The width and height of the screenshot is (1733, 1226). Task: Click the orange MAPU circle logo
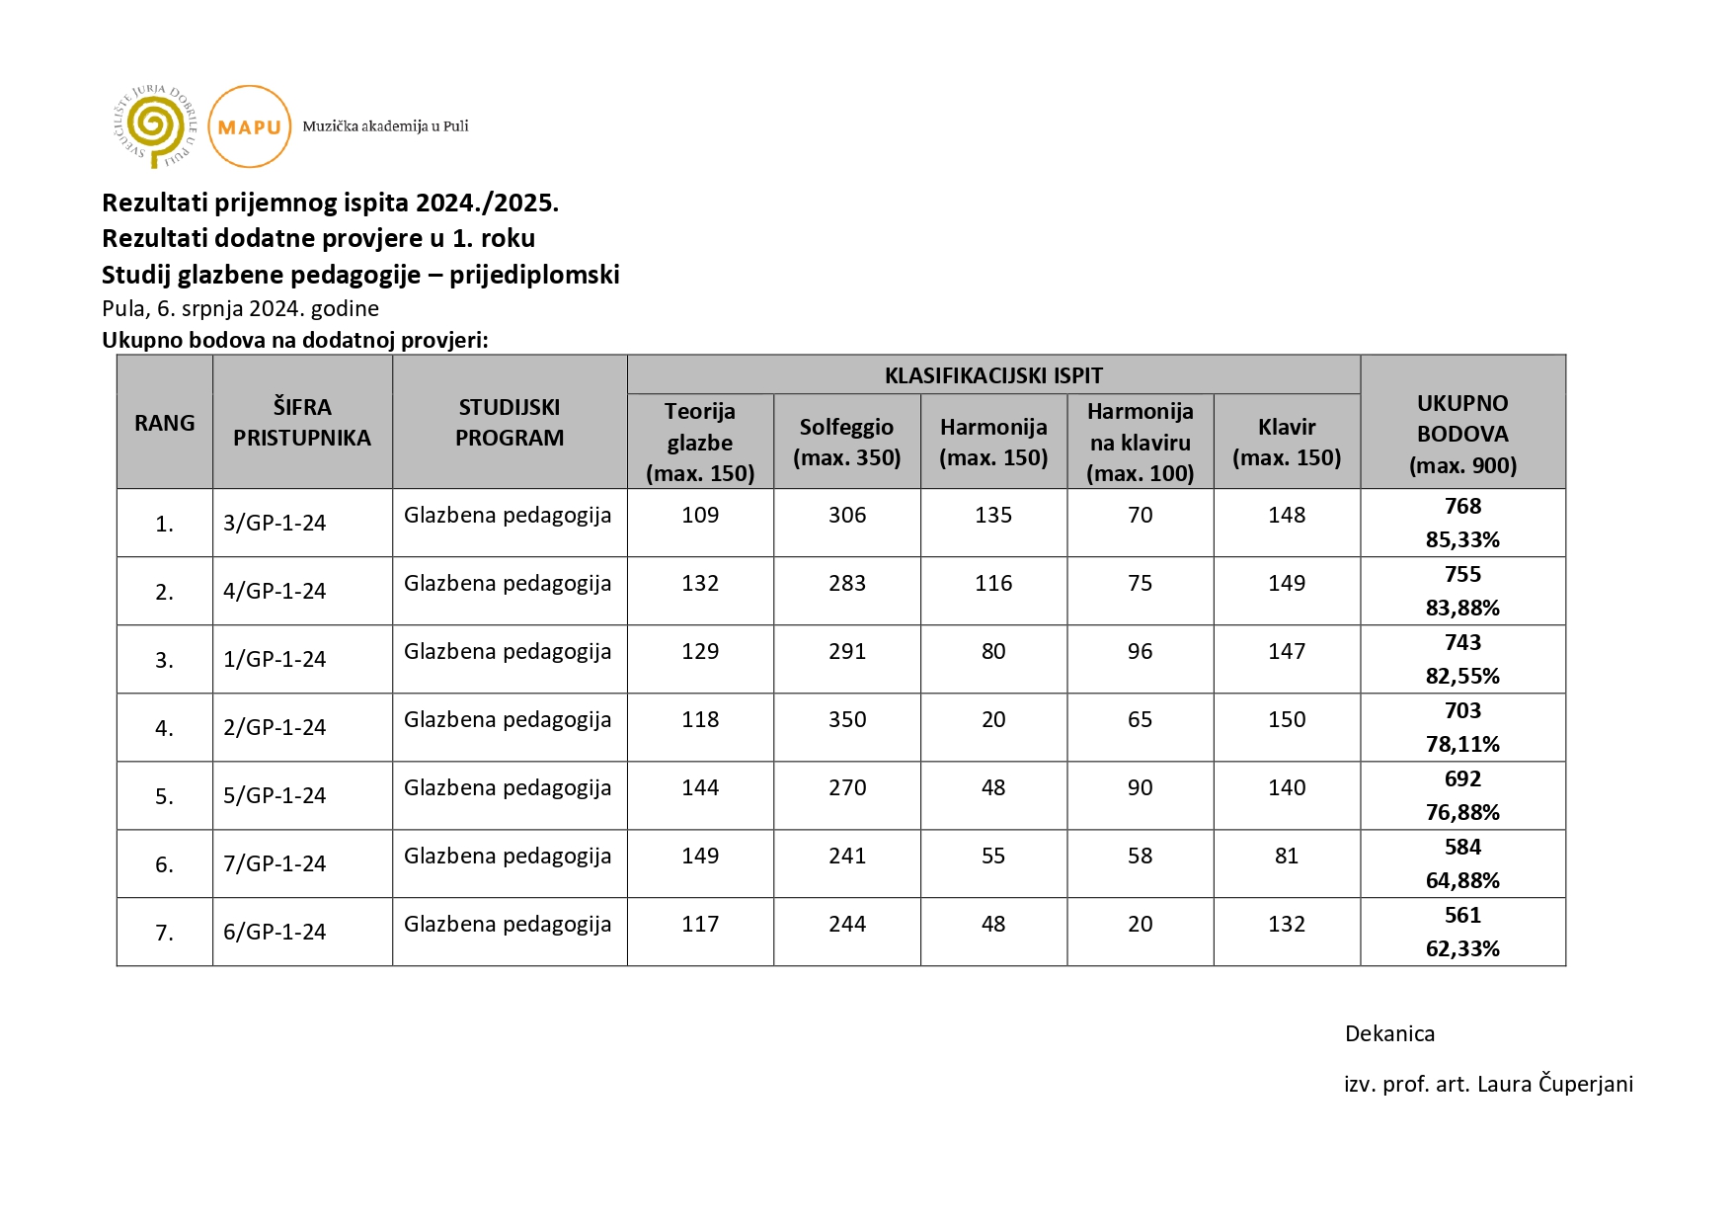[x=250, y=126]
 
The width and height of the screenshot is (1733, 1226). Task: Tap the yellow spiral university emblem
[x=154, y=126]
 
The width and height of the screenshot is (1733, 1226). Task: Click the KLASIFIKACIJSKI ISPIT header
[x=992, y=375]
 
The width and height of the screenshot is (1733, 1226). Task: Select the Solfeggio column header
[x=846, y=442]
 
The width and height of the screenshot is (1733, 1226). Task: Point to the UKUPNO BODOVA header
[x=1461, y=434]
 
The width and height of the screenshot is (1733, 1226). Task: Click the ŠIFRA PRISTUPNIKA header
[x=302, y=422]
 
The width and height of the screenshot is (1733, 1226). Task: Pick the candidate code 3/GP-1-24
[x=275, y=523]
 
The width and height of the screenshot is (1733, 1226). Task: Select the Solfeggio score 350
[x=846, y=719]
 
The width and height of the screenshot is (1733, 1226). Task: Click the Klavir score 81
[x=1286, y=856]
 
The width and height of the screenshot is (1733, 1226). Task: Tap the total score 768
[x=1461, y=506]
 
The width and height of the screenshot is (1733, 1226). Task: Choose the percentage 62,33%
[x=1461, y=948]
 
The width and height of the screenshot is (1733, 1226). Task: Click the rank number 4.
[x=164, y=728]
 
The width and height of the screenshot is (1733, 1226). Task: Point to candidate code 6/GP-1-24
[x=275, y=932]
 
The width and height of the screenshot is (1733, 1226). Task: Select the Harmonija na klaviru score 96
[x=1140, y=651]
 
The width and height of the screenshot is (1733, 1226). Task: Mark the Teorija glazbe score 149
[x=699, y=856]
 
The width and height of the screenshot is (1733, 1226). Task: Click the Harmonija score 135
[x=992, y=515]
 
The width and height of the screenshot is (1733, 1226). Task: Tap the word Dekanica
[x=1389, y=1033]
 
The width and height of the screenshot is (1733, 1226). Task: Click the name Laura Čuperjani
[x=1554, y=1084]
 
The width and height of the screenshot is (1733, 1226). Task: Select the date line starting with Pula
[x=240, y=308]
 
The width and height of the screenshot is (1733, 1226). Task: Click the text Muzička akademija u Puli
[x=385, y=126]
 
